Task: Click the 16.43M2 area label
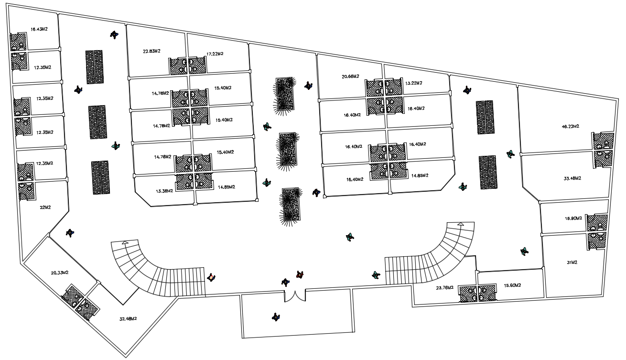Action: coord(39,29)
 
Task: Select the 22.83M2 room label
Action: coord(152,51)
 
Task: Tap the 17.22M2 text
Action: coord(215,54)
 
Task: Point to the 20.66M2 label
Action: coord(350,76)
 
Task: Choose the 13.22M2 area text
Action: coord(414,83)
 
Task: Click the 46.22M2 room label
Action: coord(571,127)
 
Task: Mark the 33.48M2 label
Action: coord(572,178)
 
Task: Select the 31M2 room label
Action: coord(571,262)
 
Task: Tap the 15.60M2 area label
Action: coord(513,285)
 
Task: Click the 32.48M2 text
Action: coord(128,318)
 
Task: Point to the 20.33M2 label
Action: coord(60,273)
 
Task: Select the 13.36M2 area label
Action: coord(164,190)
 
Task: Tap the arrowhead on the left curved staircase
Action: coord(125,243)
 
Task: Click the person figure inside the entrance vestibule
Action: coord(275,316)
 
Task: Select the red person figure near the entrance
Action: coord(300,274)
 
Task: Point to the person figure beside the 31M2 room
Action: coord(524,251)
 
